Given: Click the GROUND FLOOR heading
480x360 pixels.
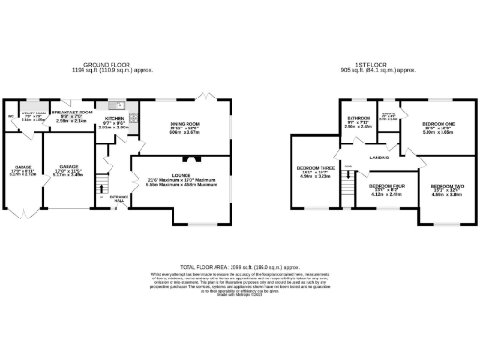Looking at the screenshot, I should coord(112,66).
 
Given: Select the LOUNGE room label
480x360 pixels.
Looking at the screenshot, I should coord(181,176).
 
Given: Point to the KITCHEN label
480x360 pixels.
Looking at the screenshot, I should coord(113,117).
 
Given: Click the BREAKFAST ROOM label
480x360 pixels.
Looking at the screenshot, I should coord(72,112).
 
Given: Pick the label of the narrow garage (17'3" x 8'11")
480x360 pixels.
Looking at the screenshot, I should coord(22,169).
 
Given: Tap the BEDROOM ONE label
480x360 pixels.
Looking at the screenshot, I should coord(437,124).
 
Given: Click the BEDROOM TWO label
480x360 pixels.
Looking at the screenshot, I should coord(444,186).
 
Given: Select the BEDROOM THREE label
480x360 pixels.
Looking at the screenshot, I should coord(312,170).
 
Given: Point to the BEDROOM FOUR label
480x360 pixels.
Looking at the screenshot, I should coord(386,186).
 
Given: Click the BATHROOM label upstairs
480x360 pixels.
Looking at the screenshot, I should coord(359,120).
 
